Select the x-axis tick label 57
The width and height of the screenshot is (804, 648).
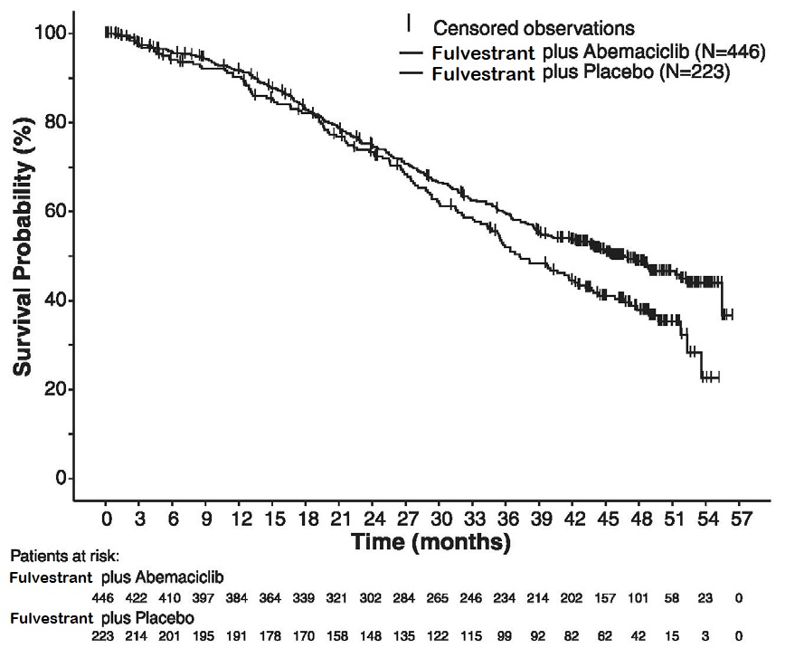pyautogui.click(x=739, y=521)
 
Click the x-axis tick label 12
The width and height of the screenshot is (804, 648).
pyautogui.click(x=241, y=521)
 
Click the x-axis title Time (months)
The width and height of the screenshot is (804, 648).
pyautogui.click(x=430, y=543)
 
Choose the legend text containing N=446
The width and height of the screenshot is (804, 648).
pyautogui.click(x=599, y=52)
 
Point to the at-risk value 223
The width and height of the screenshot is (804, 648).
pyautogui.click(x=105, y=634)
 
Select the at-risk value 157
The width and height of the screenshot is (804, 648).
pyautogui.click(x=604, y=597)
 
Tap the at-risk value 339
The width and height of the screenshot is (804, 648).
pyautogui.click(x=306, y=597)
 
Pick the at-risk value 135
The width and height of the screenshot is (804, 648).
pyautogui.click(x=406, y=634)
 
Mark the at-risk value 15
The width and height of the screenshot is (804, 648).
pyautogui.click(x=672, y=634)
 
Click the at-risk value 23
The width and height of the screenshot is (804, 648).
pyautogui.click(x=705, y=597)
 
